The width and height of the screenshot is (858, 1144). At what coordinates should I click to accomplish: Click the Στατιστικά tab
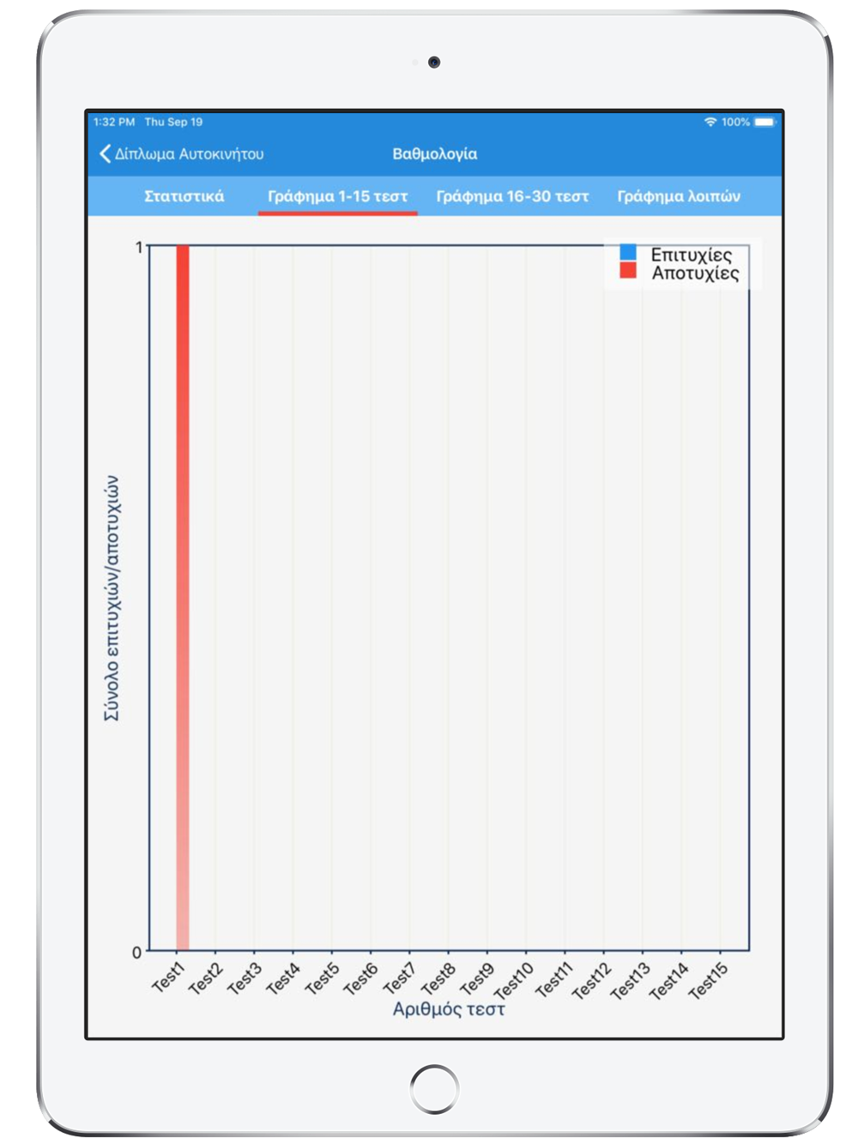click(184, 196)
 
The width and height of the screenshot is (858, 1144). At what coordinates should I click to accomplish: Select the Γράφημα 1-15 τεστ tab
click(337, 196)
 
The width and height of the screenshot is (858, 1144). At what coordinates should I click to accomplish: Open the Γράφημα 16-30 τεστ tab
click(512, 196)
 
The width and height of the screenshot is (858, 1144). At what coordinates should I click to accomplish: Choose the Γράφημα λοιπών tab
click(679, 196)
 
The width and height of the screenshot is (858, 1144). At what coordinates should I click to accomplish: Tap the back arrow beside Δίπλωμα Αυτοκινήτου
click(106, 154)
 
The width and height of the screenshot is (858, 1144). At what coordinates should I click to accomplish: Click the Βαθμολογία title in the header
click(434, 154)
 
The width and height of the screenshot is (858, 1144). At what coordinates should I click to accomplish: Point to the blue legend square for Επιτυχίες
click(628, 253)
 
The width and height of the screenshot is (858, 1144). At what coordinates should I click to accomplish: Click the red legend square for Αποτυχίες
click(628, 271)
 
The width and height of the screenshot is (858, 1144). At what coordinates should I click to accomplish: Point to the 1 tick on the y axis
click(139, 247)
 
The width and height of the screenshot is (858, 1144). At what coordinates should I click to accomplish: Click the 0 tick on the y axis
click(136, 952)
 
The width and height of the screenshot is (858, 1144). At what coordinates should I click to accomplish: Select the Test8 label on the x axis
click(438, 978)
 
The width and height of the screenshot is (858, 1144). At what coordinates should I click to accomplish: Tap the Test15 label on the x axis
click(709, 980)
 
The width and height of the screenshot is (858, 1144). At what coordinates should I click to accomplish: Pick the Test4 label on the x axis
click(283, 978)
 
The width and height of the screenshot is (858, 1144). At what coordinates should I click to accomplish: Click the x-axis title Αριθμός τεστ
click(448, 1009)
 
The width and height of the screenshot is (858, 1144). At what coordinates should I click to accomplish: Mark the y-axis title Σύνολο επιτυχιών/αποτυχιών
click(112, 598)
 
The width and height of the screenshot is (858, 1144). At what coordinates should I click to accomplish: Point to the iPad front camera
click(434, 62)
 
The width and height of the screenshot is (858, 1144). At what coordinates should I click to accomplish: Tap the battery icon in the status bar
click(764, 122)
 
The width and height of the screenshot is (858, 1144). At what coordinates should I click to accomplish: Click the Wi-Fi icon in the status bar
click(710, 122)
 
